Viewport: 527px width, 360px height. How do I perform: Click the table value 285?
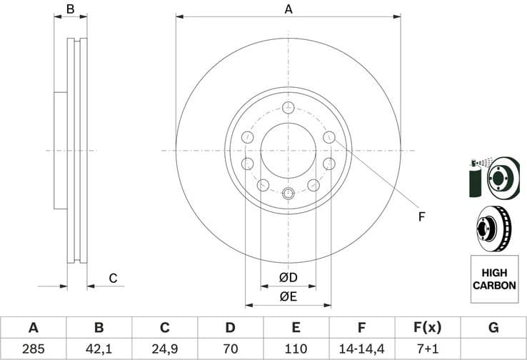(x=33, y=349)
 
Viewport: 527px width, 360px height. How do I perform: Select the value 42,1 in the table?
(x=99, y=349)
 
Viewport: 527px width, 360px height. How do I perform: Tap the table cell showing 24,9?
(x=164, y=349)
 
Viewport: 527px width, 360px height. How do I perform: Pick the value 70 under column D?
(x=230, y=349)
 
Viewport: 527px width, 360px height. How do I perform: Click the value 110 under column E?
(x=296, y=349)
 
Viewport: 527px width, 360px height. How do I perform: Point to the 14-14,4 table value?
(x=361, y=349)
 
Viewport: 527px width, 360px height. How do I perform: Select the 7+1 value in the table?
(x=427, y=349)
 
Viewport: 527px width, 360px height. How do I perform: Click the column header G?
(x=493, y=328)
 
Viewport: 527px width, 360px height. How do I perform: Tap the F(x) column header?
(x=427, y=328)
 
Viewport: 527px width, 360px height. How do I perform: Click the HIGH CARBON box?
(x=493, y=279)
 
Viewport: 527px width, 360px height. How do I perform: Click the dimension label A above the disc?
(x=288, y=9)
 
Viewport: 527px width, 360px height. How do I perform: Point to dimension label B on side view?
(x=70, y=9)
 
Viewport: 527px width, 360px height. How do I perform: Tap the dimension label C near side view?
(x=112, y=278)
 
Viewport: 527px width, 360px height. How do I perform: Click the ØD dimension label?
(x=288, y=277)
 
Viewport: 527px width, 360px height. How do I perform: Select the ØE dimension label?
(x=288, y=296)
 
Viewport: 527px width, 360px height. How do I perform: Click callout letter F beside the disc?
(x=421, y=216)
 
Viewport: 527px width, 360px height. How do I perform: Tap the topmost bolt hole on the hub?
(x=288, y=108)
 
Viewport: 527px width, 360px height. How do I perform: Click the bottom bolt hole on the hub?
(x=288, y=193)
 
